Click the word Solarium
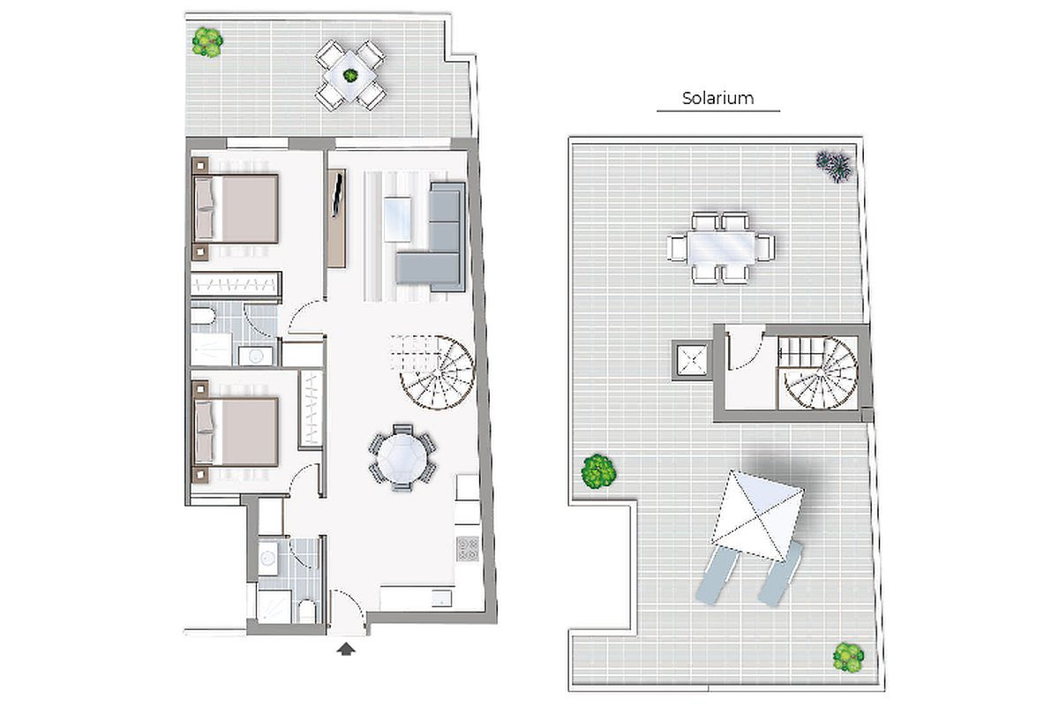point(717,98)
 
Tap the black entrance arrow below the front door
point(346,649)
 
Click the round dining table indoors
point(402,458)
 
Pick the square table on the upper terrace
point(350,76)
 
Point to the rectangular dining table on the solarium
point(722,247)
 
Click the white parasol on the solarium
point(757,514)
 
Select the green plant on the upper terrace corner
point(207,42)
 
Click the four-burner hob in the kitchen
point(468,549)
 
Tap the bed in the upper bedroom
point(236,209)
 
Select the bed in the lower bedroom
point(236,432)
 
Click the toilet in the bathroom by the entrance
point(307,612)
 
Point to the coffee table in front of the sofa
point(398,220)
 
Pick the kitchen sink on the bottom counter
point(441,598)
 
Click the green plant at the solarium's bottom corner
point(848,657)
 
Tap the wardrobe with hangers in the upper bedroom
point(236,284)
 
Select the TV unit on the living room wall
point(336,218)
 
